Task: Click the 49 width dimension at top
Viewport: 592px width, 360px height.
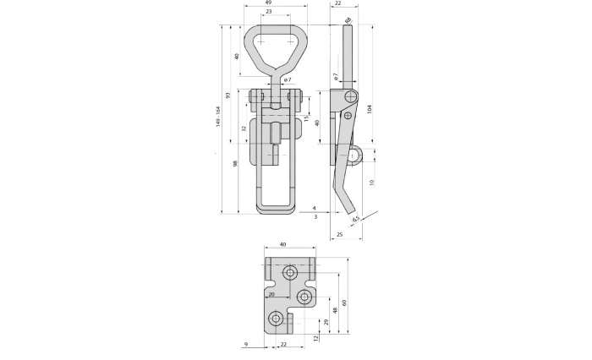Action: click(268, 3)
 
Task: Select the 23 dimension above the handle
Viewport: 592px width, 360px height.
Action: click(268, 12)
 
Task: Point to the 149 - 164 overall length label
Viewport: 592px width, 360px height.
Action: click(218, 117)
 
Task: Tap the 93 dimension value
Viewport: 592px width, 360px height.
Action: click(227, 95)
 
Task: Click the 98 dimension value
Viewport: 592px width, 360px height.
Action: click(235, 164)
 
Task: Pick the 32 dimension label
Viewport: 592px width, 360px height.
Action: click(244, 128)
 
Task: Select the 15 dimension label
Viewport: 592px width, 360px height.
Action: click(306, 118)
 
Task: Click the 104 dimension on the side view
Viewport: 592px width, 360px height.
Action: click(370, 109)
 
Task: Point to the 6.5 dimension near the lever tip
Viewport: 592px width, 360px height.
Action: click(356, 219)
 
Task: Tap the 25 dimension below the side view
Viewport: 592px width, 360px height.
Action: click(339, 234)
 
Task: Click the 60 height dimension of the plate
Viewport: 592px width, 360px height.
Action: click(344, 303)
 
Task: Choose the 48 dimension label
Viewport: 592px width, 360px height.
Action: click(335, 311)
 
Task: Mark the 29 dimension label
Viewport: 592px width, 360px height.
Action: click(326, 322)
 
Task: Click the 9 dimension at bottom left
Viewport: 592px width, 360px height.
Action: click(246, 344)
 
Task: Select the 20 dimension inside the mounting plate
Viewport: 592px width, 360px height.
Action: click(271, 294)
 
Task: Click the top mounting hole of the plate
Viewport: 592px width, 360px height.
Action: click(290, 272)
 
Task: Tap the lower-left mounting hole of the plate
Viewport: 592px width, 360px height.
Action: click(276, 319)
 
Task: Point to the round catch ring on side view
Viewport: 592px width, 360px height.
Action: click(356, 155)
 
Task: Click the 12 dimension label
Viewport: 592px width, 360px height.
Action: click(316, 338)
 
